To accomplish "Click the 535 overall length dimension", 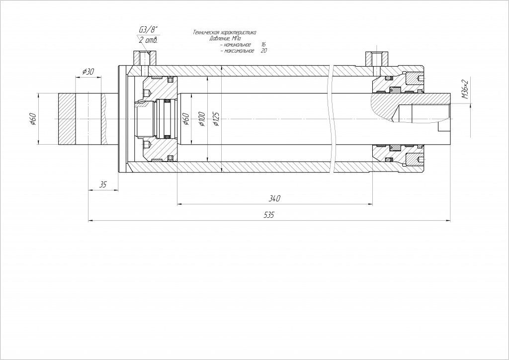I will click(268, 215).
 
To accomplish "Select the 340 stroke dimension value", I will click(274, 198).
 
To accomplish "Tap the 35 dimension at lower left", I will click(103, 184).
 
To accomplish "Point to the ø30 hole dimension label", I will click(87, 72).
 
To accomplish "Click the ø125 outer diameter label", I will click(216, 119).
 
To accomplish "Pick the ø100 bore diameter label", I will click(202, 119).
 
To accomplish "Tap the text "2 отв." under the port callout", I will click(148, 40).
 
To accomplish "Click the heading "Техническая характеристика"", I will click(224, 32).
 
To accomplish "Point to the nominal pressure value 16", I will click(263, 45).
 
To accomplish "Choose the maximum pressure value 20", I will click(263, 51).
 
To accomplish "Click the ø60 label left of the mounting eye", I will click(33, 119).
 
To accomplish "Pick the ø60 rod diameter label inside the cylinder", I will click(186, 119).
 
